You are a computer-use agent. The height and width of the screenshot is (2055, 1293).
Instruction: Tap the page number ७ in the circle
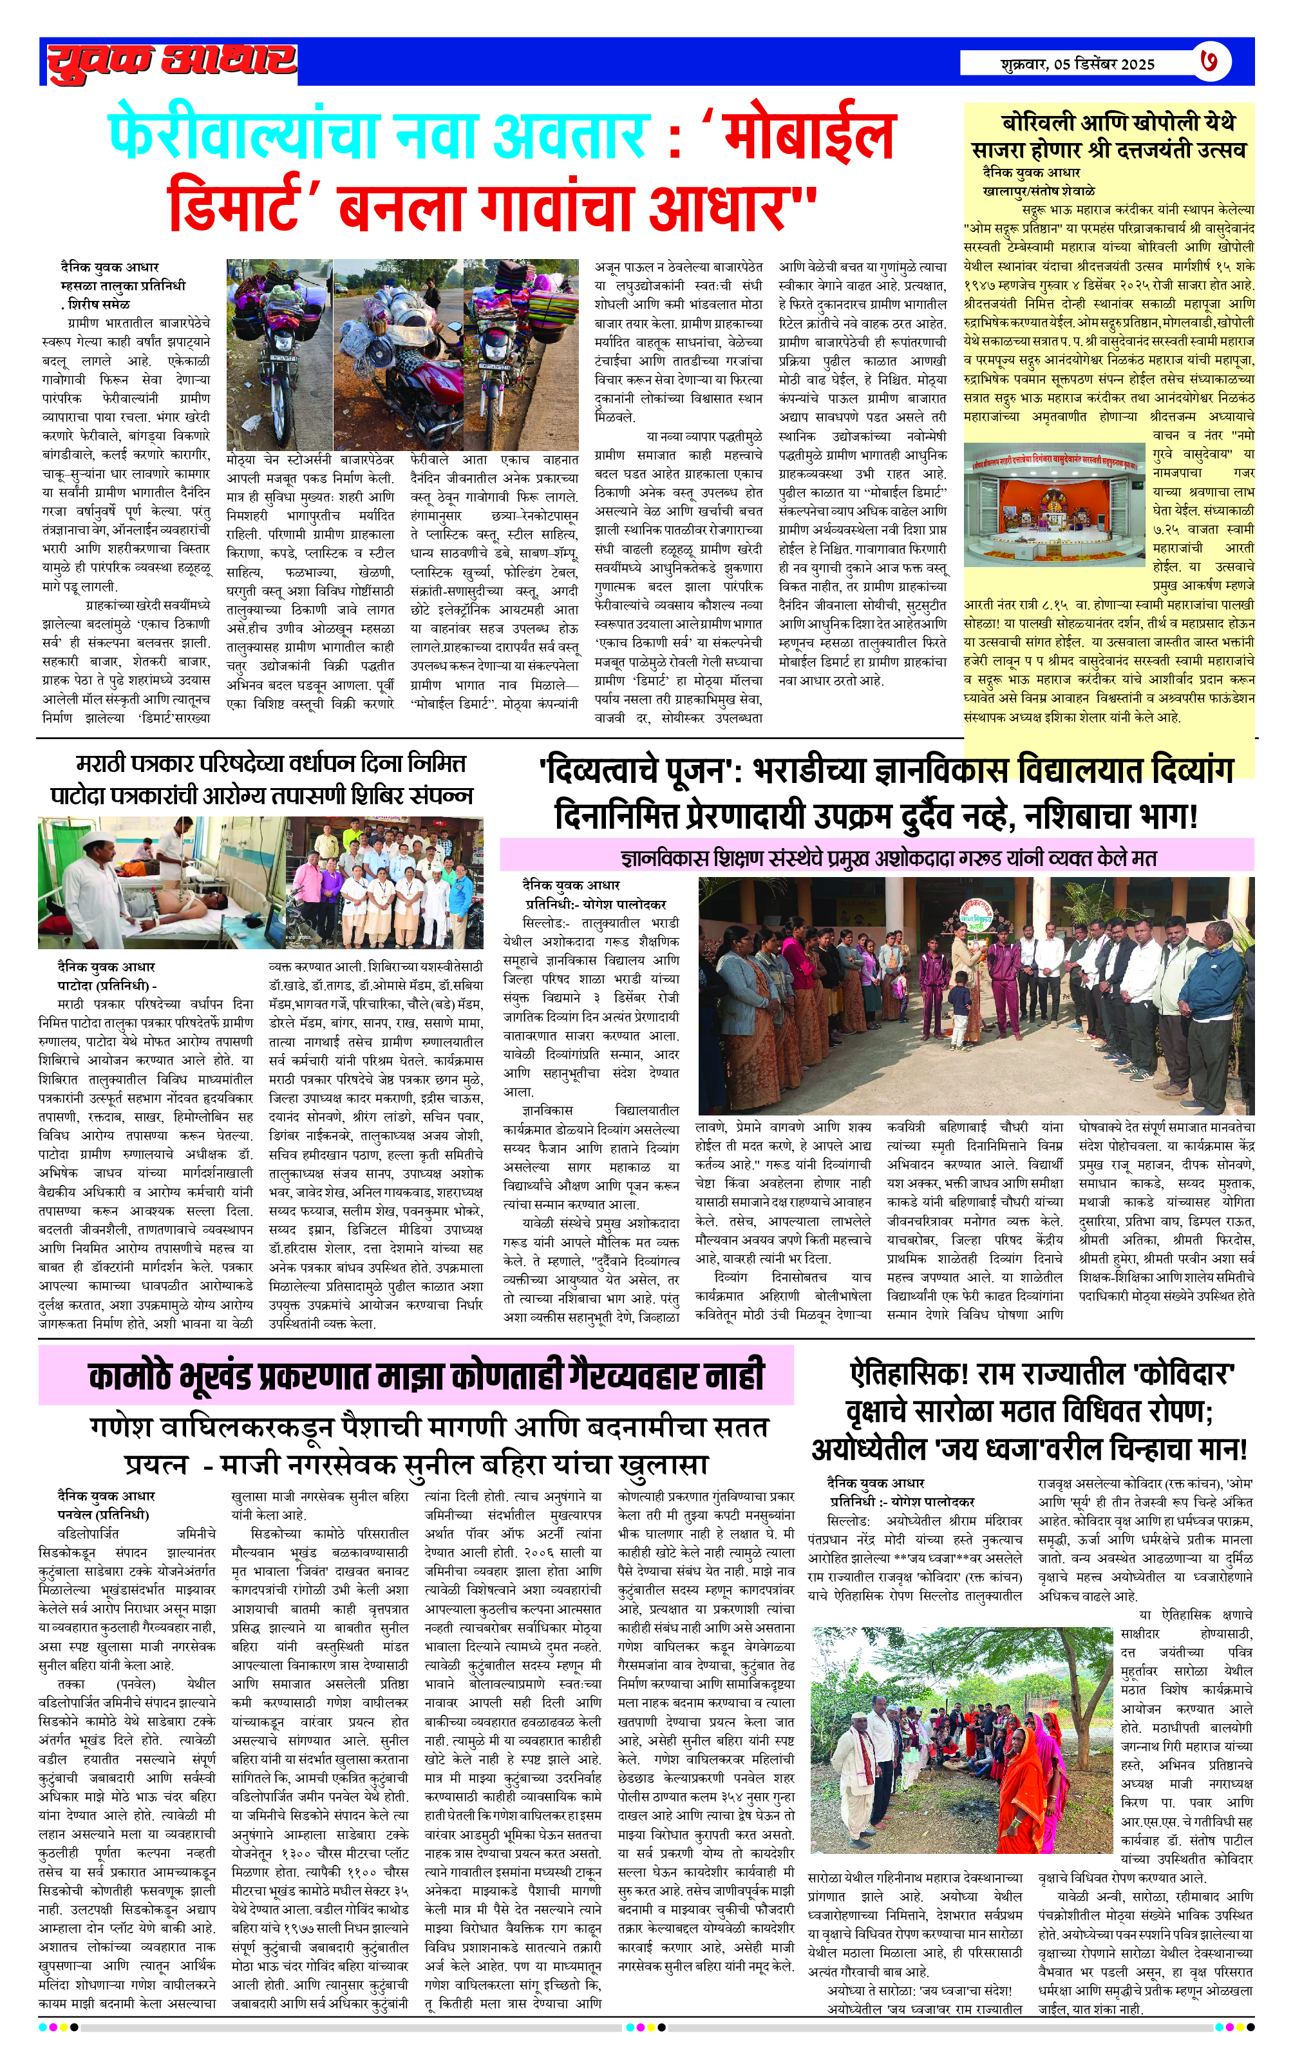pyautogui.click(x=1212, y=61)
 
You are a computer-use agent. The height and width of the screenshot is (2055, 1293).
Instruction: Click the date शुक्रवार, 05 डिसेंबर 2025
pyautogui.click(x=1078, y=64)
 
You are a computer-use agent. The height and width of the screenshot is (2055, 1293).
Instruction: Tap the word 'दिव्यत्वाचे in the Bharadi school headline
pyautogui.click(x=632, y=771)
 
